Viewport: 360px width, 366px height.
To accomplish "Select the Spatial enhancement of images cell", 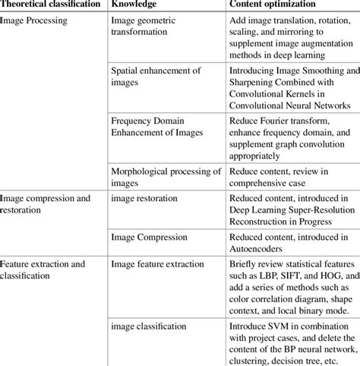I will coord(156,77).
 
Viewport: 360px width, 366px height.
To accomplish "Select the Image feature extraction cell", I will coord(157,264).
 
